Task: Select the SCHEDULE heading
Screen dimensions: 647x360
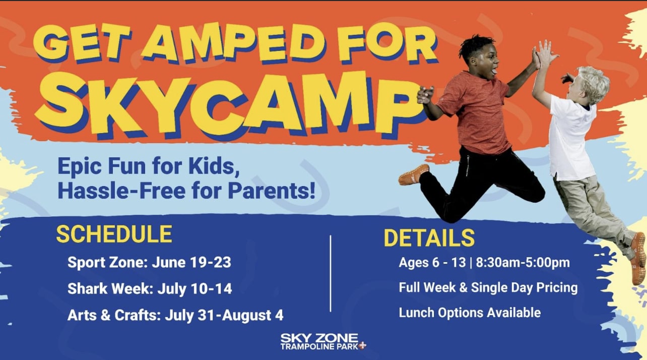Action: pyautogui.click(x=114, y=234)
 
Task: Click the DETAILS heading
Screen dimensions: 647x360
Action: pyautogui.click(x=429, y=238)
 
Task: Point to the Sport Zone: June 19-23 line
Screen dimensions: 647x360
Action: pyautogui.click(x=149, y=263)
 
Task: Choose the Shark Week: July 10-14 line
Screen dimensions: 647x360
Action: pyautogui.click(x=150, y=288)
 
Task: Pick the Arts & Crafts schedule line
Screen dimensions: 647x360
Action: pyautogui.click(x=175, y=315)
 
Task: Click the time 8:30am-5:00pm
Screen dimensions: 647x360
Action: pyautogui.click(x=523, y=263)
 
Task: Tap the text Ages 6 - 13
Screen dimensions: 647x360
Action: pyautogui.click(x=432, y=263)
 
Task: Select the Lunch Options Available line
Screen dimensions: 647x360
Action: pyautogui.click(x=470, y=313)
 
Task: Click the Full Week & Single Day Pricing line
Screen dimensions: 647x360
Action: pyautogui.click(x=488, y=288)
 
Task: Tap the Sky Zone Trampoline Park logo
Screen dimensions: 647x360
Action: pyautogui.click(x=323, y=342)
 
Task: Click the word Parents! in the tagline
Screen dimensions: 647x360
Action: pyautogui.click(x=272, y=191)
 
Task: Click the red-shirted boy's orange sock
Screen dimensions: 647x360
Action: pyautogui.click(x=414, y=175)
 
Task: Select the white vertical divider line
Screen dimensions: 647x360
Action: pyautogui.click(x=331, y=273)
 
